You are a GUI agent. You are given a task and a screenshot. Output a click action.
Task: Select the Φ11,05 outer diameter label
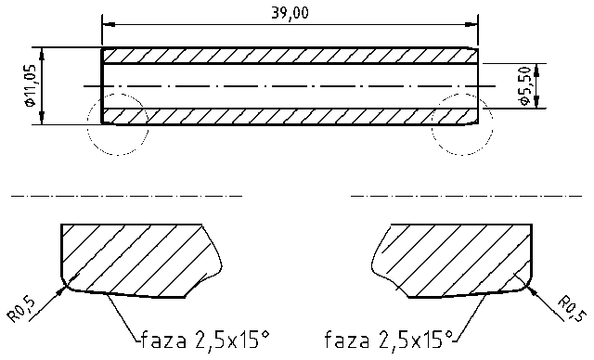tap(31, 86)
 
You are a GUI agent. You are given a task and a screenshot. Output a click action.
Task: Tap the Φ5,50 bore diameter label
tap(525, 86)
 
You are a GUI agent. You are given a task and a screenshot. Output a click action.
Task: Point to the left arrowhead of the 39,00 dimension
tap(107, 22)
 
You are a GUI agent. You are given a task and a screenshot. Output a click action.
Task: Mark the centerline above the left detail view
tap(125, 197)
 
